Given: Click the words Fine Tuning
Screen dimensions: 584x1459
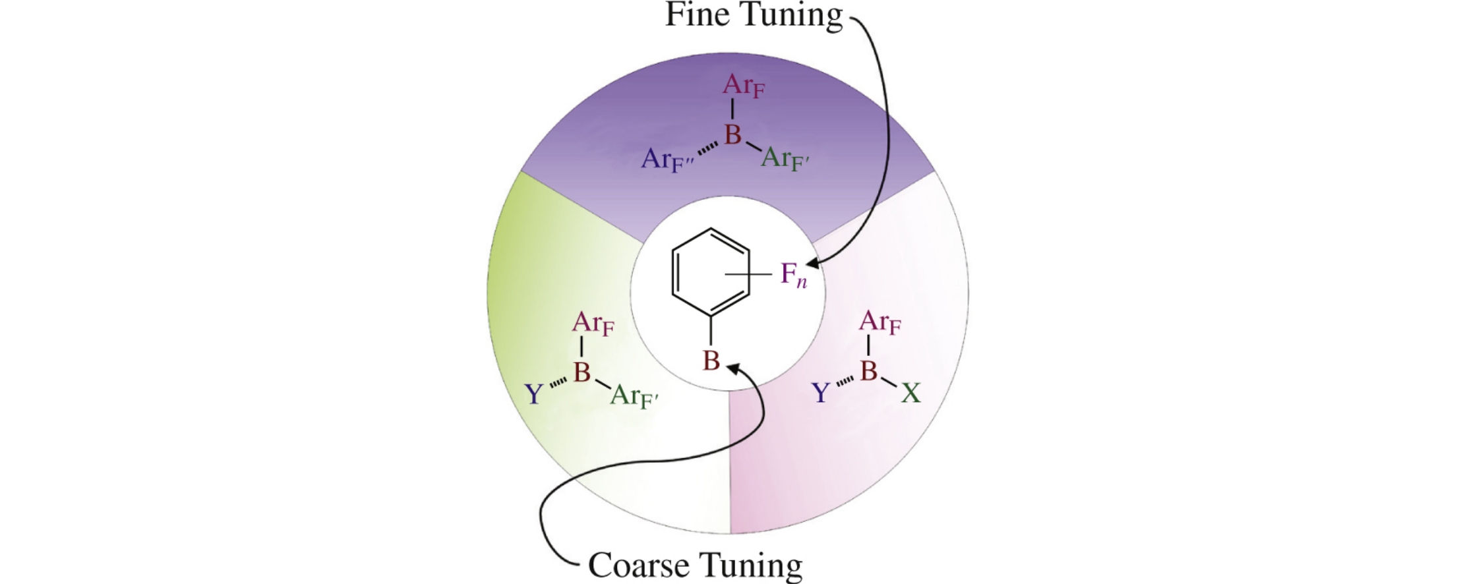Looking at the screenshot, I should [754, 15].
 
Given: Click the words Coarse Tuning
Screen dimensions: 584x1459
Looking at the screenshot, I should [695, 564].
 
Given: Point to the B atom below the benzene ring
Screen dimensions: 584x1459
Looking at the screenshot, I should [711, 361].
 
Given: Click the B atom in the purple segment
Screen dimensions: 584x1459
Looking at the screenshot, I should [732, 134].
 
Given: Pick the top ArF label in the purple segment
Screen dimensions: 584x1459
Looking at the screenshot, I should [744, 86].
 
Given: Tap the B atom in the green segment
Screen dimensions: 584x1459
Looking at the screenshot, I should [581, 372].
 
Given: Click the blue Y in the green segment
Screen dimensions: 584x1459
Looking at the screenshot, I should [533, 394].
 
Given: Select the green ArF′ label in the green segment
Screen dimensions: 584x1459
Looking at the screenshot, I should [634, 396].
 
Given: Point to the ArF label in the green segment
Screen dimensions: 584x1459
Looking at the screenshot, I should [593, 323].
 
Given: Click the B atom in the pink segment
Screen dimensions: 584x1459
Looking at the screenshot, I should [869, 371].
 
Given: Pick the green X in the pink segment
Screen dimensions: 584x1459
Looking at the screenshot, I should [910, 394].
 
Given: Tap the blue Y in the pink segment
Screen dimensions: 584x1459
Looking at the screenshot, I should [821, 394].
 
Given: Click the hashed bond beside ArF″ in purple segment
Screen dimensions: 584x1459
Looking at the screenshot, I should [708, 148].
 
